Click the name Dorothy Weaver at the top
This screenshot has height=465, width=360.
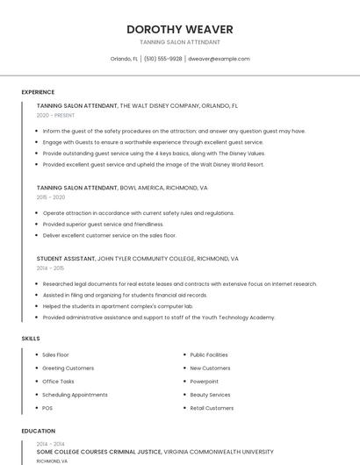pos(179,29)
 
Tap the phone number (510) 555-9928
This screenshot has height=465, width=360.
pos(162,59)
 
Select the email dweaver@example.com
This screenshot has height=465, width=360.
pos(220,59)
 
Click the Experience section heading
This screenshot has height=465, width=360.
pos(38,92)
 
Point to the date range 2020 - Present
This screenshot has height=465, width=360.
pos(55,115)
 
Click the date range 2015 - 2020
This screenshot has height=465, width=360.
pos(51,197)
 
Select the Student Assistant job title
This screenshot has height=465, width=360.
pos(65,259)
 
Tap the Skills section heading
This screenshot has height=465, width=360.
pos(30,338)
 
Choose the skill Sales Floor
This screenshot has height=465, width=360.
pos(55,354)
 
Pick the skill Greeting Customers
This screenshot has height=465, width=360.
pos(68,368)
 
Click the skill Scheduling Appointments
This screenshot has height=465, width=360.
pos(75,395)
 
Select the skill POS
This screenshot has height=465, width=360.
pos(47,408)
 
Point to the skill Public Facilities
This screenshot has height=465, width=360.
pos(209,354)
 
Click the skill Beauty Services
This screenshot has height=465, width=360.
pos(211,395)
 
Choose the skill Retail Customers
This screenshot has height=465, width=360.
pos(212,408)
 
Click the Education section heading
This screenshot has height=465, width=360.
pos(38,431)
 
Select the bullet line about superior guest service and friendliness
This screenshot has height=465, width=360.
pos(103,224)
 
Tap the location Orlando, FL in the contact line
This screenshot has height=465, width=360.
pos(124,59)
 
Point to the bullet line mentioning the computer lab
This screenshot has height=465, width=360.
pos(117,305)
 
